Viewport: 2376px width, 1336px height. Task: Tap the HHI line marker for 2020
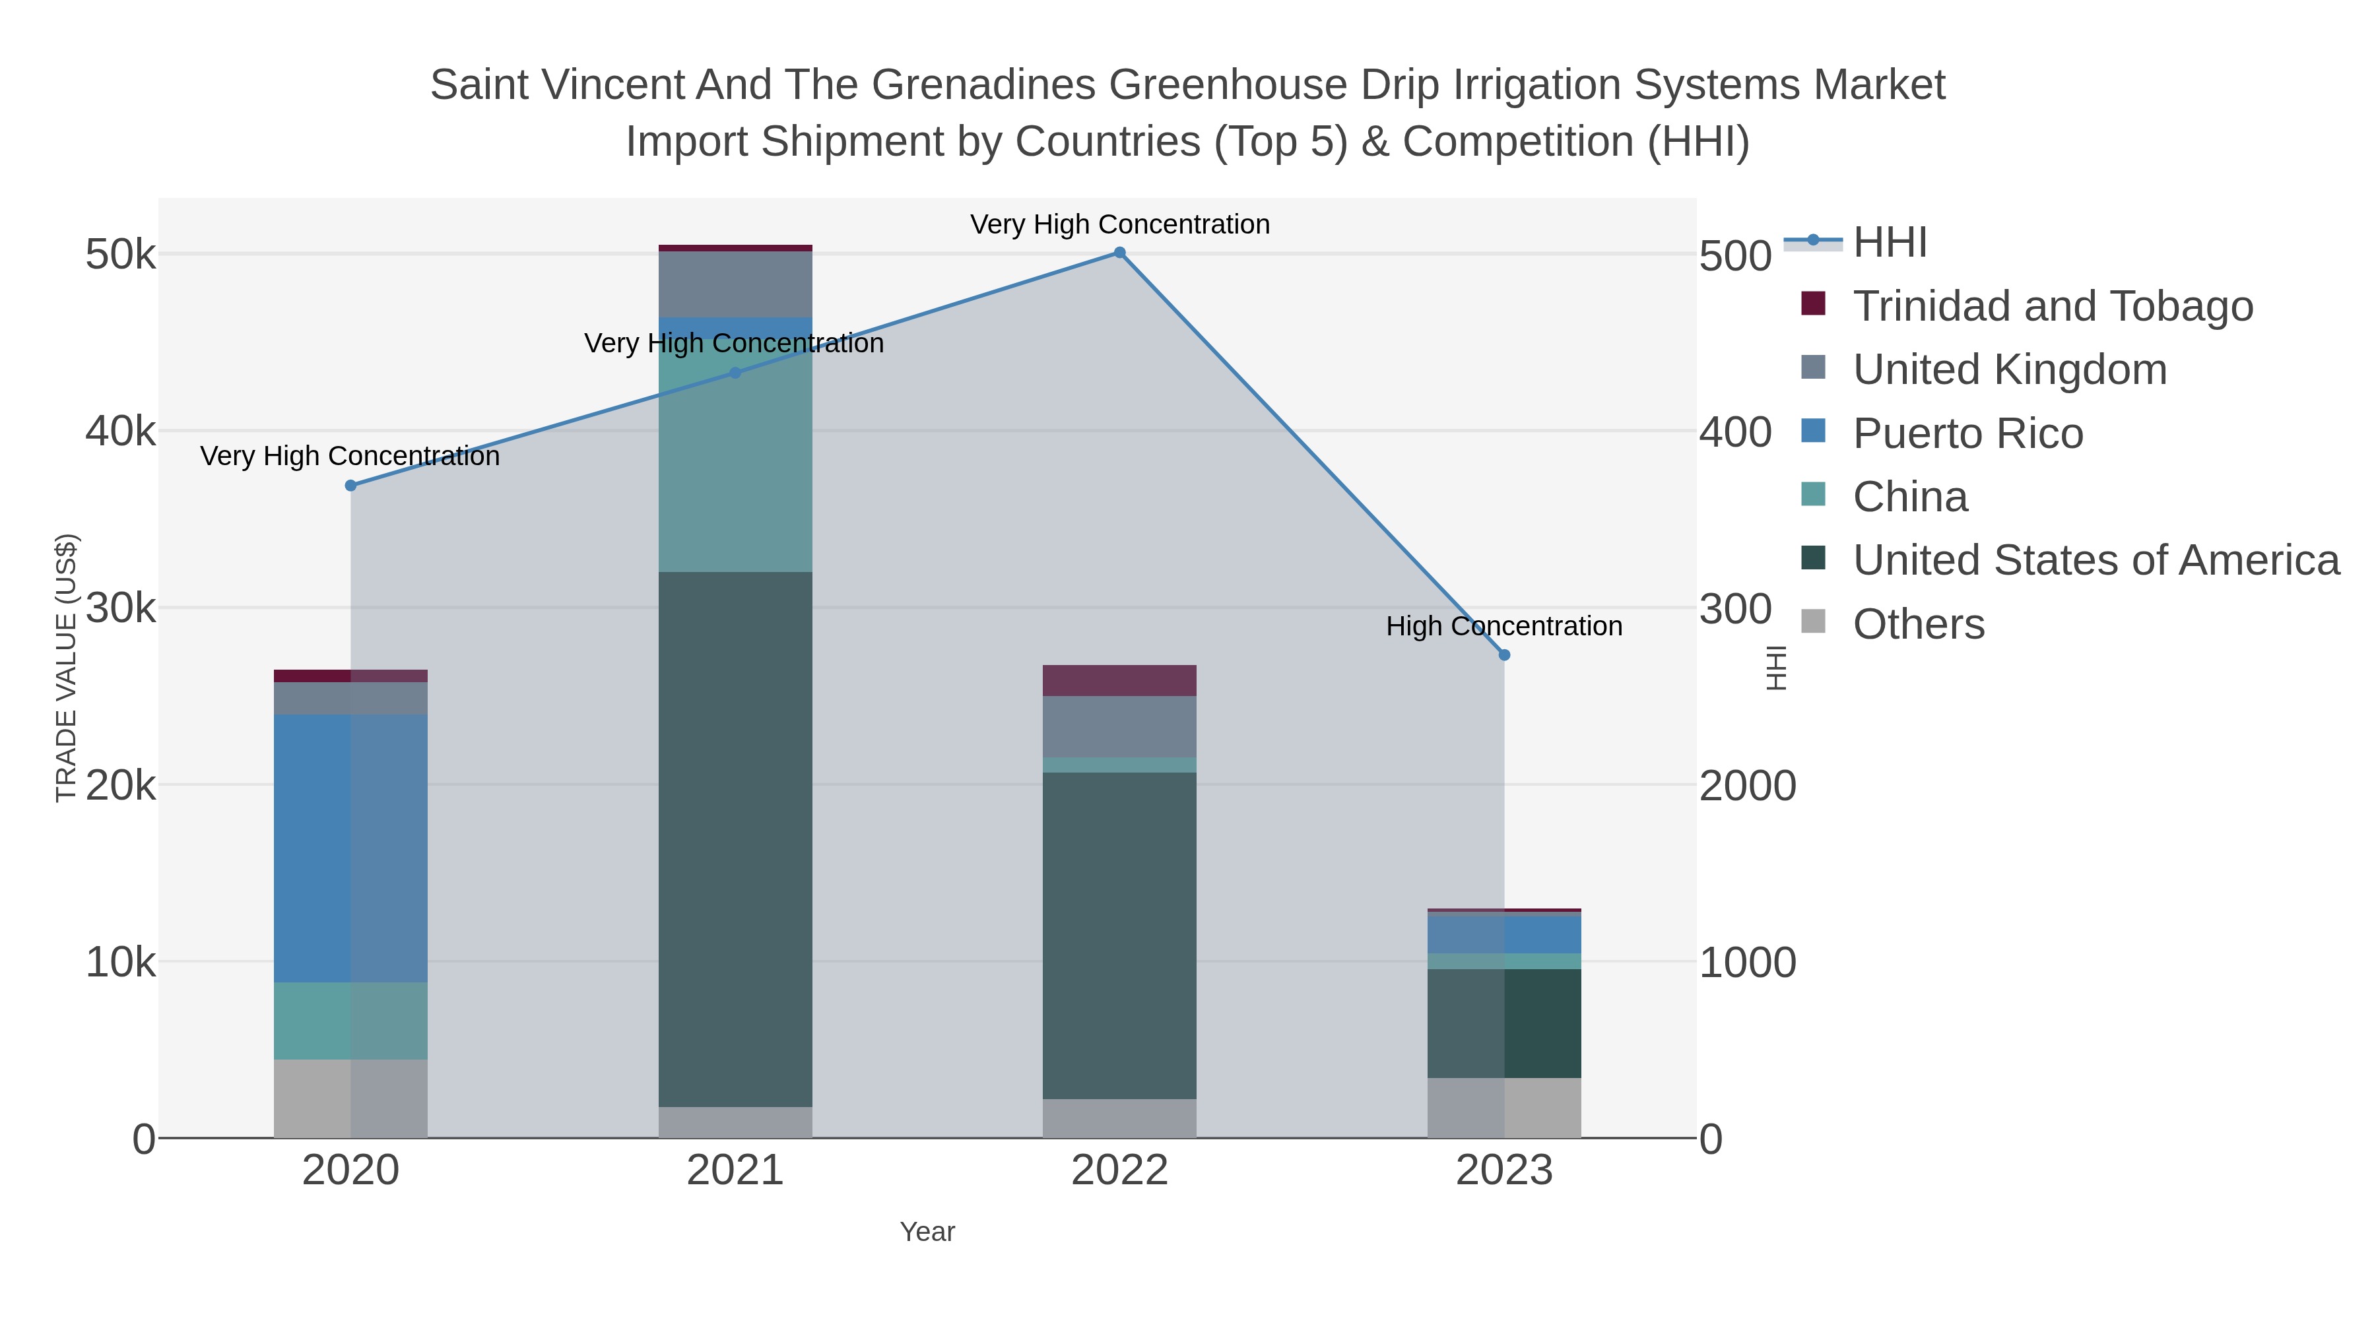click(x=350, y=486)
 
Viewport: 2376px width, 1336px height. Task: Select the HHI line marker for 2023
click(x=1504, y=654)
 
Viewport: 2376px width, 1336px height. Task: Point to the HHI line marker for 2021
click(x=735, y=373)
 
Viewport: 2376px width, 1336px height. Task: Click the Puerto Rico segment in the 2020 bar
click(x=350, y=848)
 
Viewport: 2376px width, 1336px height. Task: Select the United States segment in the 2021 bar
click(x=735, y=839)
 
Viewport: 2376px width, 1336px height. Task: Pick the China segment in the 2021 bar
click(x=735, y=461)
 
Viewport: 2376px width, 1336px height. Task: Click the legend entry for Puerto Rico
click(x=1967, y=433)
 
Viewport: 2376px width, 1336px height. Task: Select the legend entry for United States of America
click(x=2095, y=561)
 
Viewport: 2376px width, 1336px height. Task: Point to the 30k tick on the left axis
click(x=121, y=608)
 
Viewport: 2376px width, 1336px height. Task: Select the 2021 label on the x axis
click(x=735, y=1171)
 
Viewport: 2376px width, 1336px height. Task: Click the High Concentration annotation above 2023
click(x=1503, y=626)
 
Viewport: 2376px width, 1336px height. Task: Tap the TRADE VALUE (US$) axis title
click(x=67, y=668)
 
